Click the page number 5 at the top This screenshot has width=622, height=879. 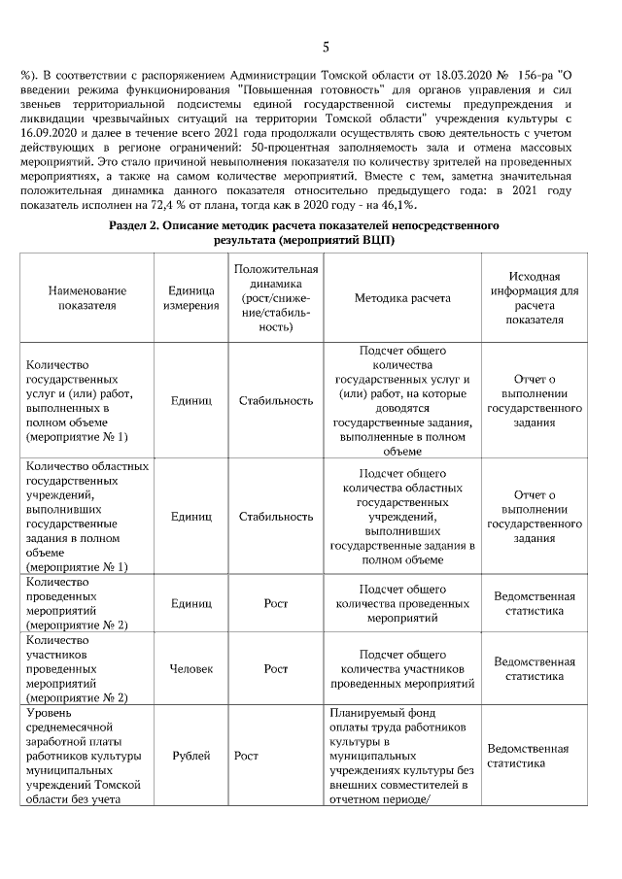tap(326, 46)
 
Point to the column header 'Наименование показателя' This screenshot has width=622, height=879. tap(86, 297)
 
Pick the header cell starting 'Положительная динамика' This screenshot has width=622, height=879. tap(276, 297)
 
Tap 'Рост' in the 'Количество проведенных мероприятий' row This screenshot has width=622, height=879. tap(276, 603)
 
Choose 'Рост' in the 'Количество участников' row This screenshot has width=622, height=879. tap(276, 668)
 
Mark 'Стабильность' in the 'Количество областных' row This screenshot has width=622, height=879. tap(276, 516)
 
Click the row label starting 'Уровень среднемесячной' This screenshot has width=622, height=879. tap(86, 756)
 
